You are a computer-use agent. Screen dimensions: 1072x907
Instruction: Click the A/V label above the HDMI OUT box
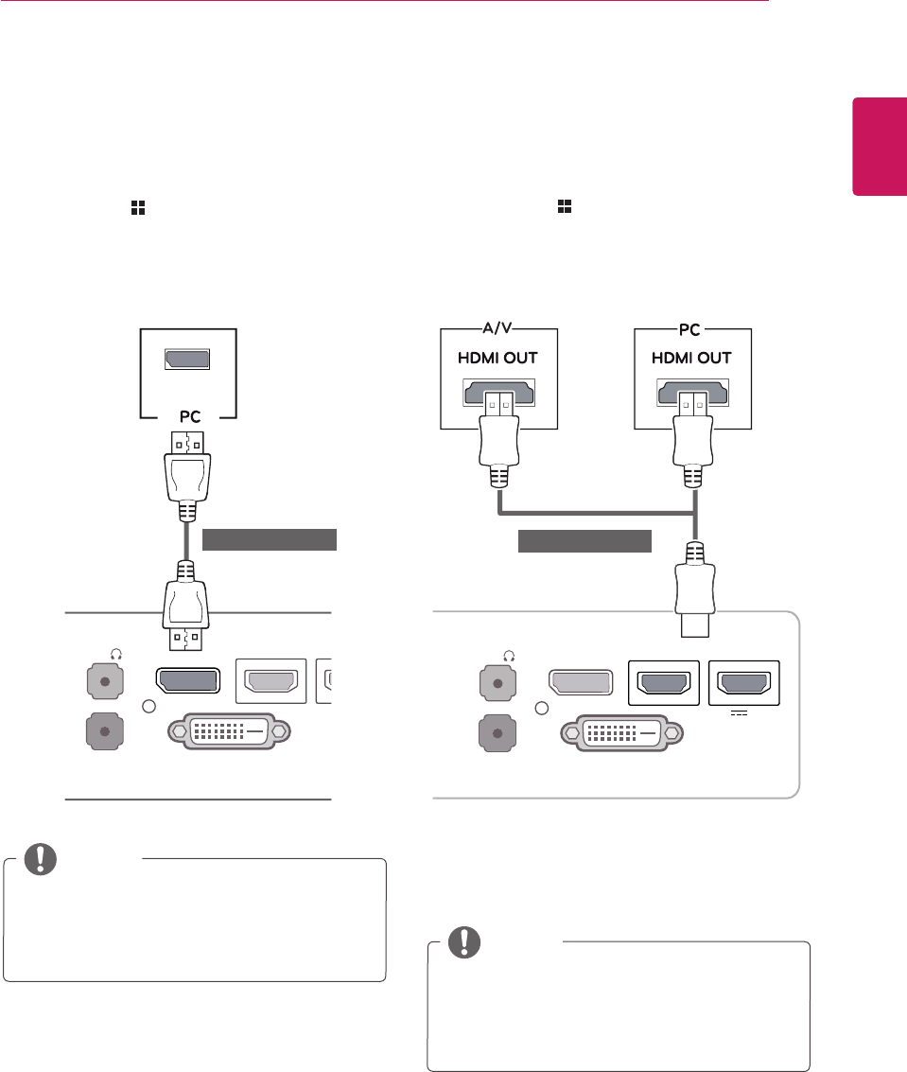click(499, 328)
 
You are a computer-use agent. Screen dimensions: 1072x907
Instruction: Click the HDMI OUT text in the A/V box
click(499, 360)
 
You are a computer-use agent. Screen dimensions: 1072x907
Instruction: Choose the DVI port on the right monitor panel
click(620, 731)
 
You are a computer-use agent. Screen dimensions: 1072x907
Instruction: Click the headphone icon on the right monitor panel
click(510, 652)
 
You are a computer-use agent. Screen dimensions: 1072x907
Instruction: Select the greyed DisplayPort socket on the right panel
click(580, 681)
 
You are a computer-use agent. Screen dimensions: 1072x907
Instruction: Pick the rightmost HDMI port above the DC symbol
click(744, 681)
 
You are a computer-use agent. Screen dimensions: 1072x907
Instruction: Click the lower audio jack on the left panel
click(102, 731)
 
